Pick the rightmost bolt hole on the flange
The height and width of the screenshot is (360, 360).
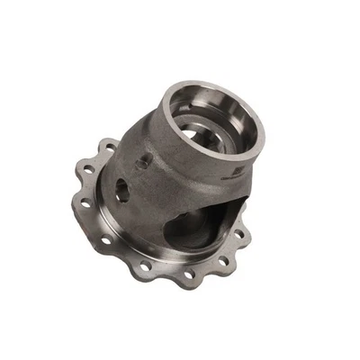point(240,236)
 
